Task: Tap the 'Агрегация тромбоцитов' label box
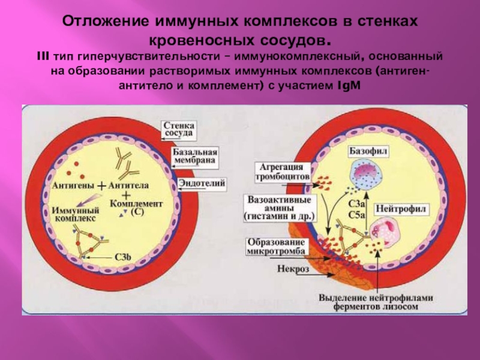click(284, 172)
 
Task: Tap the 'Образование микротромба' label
click(277, 246)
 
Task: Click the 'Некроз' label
click(293, 269)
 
